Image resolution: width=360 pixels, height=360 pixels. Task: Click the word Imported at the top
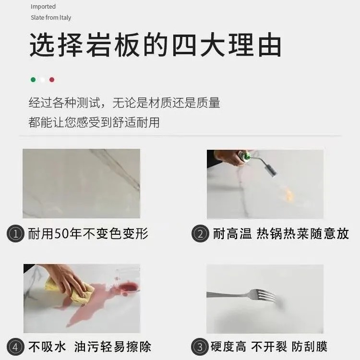click(x=43, y=7)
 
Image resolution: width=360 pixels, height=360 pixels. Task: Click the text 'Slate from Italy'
click(x=51, y=18)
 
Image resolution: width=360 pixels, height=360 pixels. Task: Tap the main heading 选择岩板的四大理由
click(x=155, y=46)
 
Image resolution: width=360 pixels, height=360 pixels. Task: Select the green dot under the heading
click(x=33, y=80)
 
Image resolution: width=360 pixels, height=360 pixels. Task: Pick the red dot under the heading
click(x=52, y=80)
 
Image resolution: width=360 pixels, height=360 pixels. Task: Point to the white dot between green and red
click(x=43, y=80)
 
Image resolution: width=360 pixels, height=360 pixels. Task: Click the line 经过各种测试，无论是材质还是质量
click(x=124, y=103)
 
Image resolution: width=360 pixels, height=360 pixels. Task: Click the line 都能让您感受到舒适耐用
click(x=94, y=122)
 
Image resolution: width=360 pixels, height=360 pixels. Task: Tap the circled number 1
click(x=16, y=234)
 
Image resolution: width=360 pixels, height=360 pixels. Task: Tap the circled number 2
click(x=200, y=234)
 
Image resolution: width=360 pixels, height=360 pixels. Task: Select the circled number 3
click(x=200, y=346)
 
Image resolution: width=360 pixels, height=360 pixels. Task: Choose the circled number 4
click(x=16, y=346)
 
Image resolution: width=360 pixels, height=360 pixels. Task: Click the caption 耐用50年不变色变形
click(x=88, y=234)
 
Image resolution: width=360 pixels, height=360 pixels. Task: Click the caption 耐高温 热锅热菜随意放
click(x=280, y=234)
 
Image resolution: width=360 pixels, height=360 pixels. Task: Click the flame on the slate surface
click(x=289, y=194)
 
